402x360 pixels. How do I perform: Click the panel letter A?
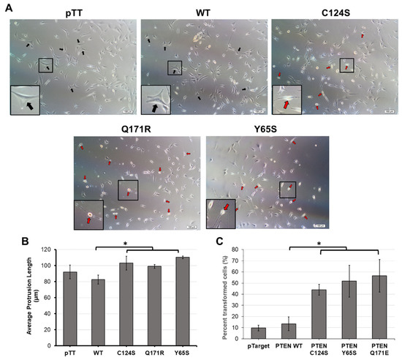pos(5,6)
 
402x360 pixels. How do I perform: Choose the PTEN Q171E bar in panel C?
pos(379,307)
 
